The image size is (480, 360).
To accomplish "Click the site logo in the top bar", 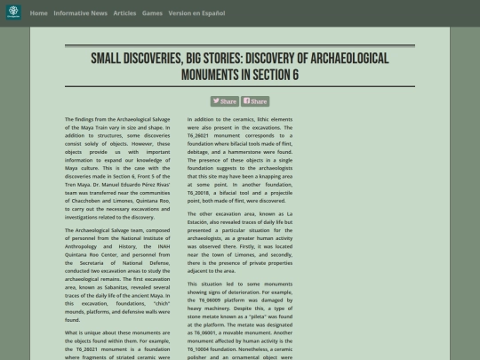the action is tap(13, 13).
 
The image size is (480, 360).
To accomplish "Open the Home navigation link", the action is tap(38, 13).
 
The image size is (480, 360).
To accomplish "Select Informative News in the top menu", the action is tap(80, 13).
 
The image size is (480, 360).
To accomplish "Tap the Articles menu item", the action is tap(124, 13).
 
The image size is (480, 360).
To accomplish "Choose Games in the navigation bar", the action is tap(152, 13).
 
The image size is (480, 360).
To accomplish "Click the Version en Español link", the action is tap(196, 13).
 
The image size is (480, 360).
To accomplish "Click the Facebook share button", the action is tap(255, 101).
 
